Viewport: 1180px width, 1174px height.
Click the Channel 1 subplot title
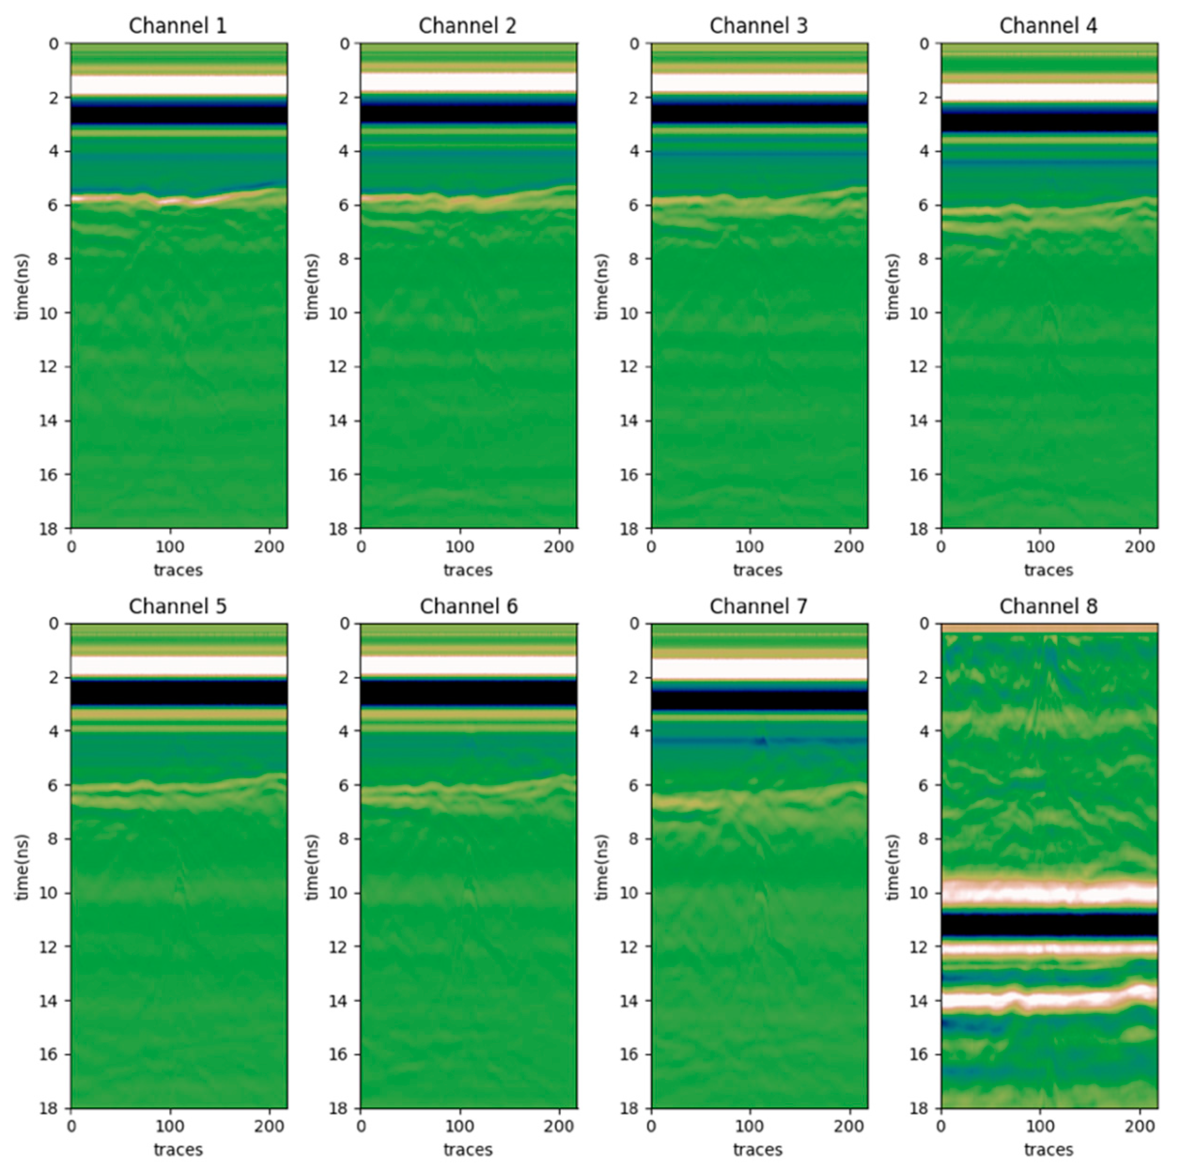(x=178, y=26)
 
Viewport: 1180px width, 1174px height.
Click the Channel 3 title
(x=759, y=26)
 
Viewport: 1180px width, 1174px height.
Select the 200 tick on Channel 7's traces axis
(x=849, y=1127)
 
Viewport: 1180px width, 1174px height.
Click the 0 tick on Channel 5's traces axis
(x=71, y=1127)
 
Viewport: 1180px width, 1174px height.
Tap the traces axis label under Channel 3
(x=758, y=570)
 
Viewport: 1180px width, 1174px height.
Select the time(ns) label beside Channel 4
(x=893, y=287)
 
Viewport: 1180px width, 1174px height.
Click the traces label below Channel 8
(x=1049, y=1150)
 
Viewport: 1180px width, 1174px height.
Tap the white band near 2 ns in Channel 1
(x=179, y=84)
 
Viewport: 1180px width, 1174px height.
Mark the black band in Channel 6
(x=469, y=693)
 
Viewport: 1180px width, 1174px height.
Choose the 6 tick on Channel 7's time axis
(x=633, y=785)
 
